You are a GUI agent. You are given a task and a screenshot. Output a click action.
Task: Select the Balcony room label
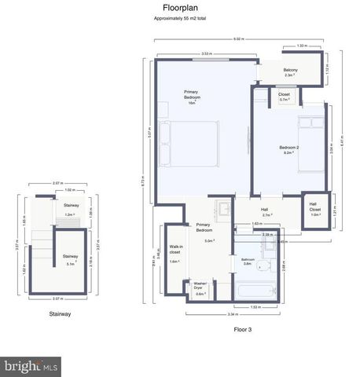pyautogui.click(x=291, y=72)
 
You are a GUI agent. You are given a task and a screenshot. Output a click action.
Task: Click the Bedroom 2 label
pyautogui.click(x=289, y=150)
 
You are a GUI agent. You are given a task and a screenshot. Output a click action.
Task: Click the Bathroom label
pyautogui.click(x=248, y=262)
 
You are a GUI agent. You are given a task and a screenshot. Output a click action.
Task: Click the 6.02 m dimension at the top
pyautogui.click(x=238, y=38)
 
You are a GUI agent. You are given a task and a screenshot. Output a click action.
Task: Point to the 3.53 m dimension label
pyautogui.click(x=206, y=53)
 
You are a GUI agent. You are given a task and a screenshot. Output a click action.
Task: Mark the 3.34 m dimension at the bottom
pyautogui.click(x=233, y=313)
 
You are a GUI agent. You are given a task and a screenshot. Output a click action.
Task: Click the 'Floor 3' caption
pyautogui.click(x=242, y=329)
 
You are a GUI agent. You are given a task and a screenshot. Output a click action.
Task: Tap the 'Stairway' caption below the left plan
pyautogui.click(x=60, y=313)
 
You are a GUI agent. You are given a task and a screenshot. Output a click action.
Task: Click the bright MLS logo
pyautogui.click(x=31, y=366)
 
